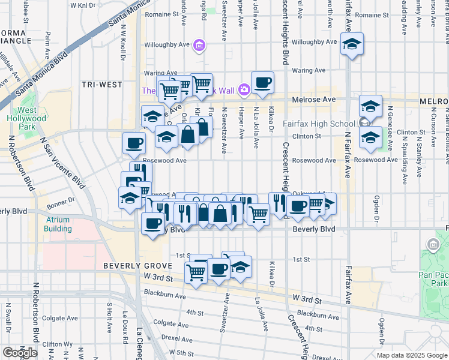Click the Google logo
[20, 353]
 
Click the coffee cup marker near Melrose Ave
[262, 83]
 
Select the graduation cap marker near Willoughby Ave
[352, 44]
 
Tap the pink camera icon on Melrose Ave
[244, 90]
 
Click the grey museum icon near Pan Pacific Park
[432, 244]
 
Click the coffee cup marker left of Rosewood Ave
[133, 143]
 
